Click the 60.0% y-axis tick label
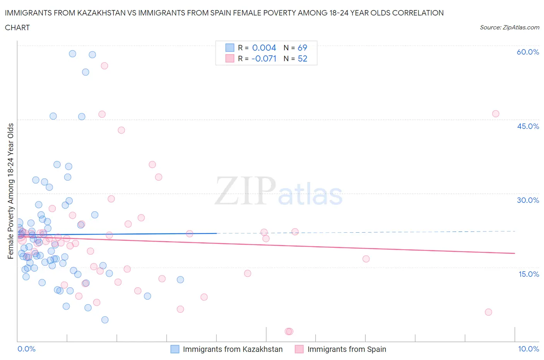528,52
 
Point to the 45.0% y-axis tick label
528,126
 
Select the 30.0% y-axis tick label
528,200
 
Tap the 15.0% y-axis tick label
528,274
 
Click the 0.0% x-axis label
26,349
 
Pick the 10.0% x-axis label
528,349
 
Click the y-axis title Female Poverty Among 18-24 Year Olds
10,191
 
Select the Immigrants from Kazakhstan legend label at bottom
233,349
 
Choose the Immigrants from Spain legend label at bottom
347,349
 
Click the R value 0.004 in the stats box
264,48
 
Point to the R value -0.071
263,58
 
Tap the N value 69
302,48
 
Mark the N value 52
302,58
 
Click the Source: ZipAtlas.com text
509,27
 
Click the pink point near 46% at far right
496,114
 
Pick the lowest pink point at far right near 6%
488,312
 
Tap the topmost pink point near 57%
104,66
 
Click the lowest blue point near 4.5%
105,320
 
